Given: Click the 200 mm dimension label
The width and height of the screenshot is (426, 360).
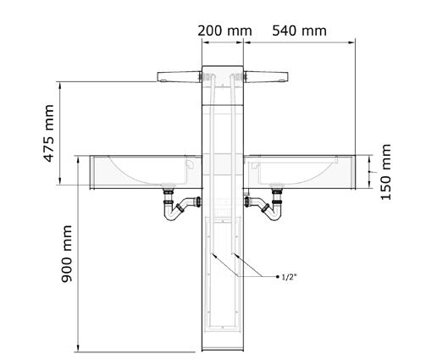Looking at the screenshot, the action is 224,30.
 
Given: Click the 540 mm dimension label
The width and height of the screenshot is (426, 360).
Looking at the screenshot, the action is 299,30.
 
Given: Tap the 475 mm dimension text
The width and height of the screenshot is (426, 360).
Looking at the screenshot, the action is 48,133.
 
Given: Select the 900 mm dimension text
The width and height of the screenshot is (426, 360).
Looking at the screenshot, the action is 67,253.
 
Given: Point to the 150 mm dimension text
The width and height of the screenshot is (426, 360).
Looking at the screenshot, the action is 385,172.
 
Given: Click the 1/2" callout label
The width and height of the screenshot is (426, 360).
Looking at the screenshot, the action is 289,277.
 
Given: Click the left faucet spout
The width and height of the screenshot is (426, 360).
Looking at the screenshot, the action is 179,77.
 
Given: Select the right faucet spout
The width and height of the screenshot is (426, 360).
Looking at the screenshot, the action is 266,77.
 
